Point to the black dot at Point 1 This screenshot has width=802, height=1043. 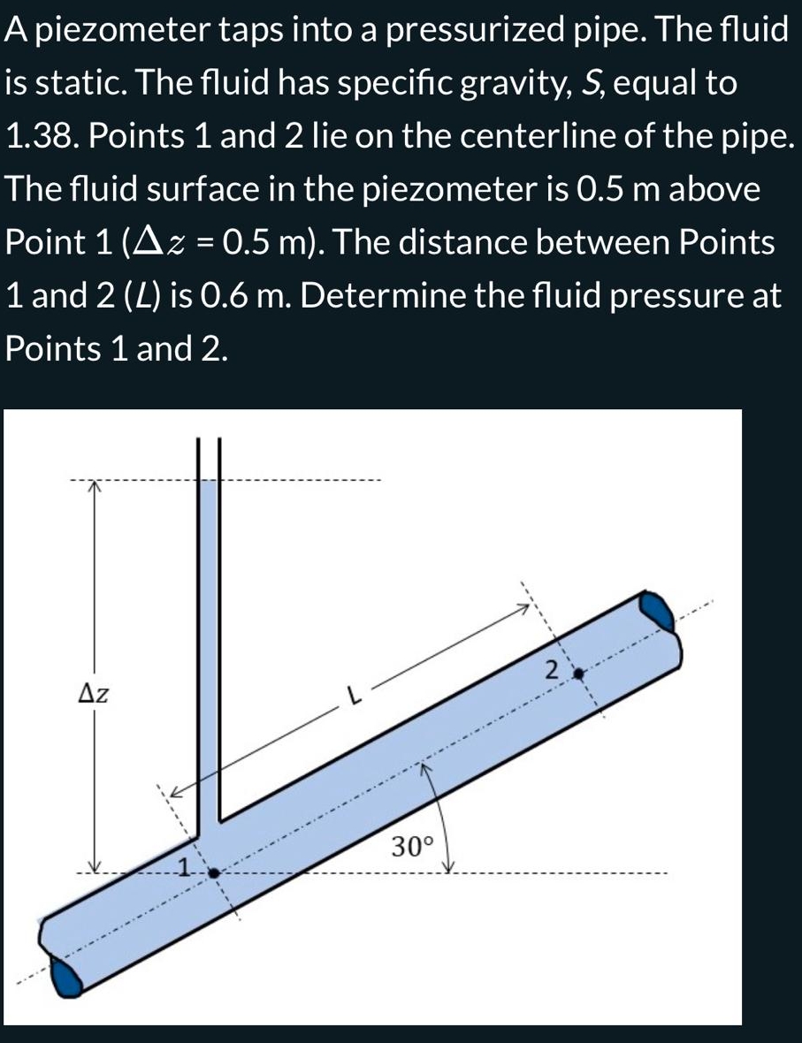(213, 872)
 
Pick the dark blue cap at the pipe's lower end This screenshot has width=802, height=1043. (68, 978)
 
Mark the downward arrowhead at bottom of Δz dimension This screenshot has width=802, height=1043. (94, 867)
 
